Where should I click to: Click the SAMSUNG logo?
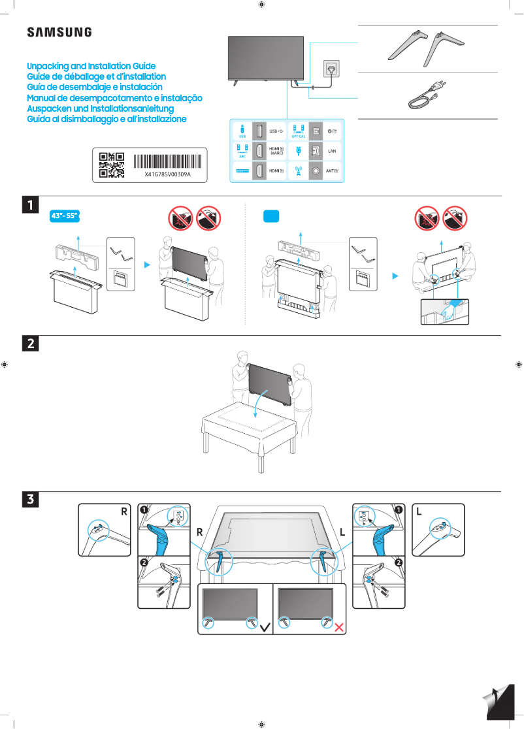click(x=59, y=32)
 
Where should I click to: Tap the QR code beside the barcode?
click(x=111, y=165)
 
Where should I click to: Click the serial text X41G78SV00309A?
click(x=167, y=175)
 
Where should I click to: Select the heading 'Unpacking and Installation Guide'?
click(x=91, y=67)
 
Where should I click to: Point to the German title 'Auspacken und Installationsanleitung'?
click(x=100, y=108)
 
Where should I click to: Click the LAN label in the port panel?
click(x=331, y=151)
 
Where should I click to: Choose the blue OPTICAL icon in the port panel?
click(x=299, y=130)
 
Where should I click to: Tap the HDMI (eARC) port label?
click(x=277, y=151)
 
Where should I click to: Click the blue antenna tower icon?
click(x=299, y=171)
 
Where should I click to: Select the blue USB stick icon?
click(x=242, y=129)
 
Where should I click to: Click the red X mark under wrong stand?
click(x=339, y=628)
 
